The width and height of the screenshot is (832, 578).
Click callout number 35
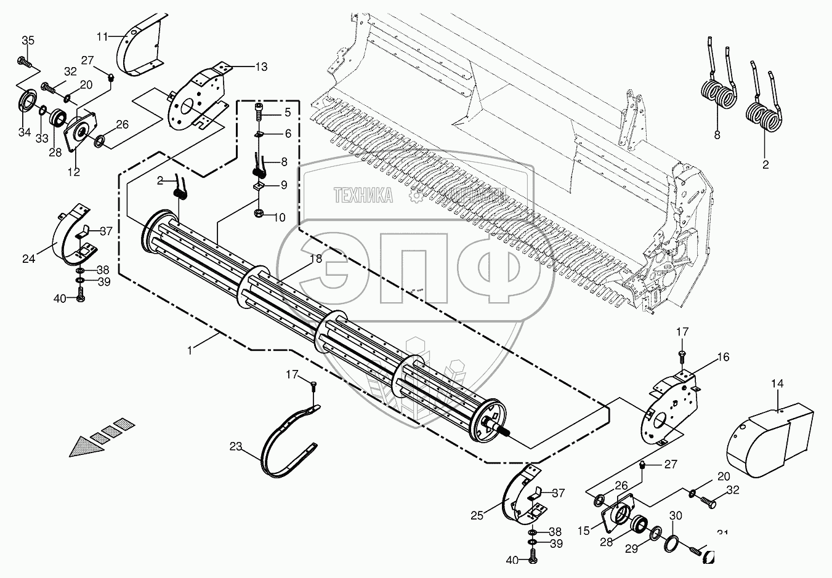[x=28, y=41]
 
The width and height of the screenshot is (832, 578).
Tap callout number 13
[x=261, y=66]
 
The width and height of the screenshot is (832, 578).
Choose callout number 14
[x=777, y=383]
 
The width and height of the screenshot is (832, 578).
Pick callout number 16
[x=722, y=356]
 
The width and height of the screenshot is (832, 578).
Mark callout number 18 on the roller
[x=315, y=259]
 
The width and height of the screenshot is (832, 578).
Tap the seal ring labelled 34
[x=27, y=102]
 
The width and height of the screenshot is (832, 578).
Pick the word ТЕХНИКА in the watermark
[x=363, y=196]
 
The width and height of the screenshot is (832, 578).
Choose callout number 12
[x=73, y=172]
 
